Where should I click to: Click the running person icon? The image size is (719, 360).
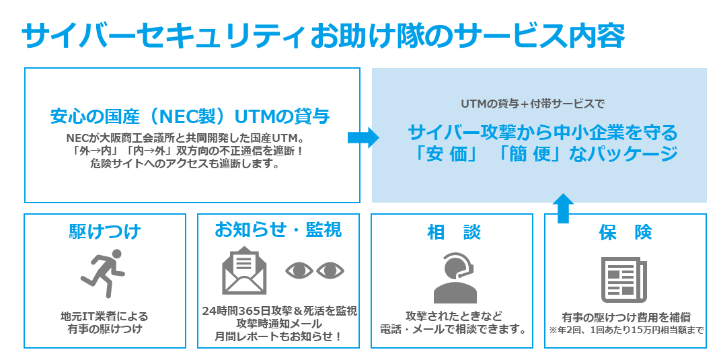[104, 275]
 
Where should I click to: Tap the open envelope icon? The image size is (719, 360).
[244, 271]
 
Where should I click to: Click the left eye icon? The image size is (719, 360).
[299, 271]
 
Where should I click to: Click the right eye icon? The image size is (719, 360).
[330, 271]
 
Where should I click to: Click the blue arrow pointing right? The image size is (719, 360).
[363, 137]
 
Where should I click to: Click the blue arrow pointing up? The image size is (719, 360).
[563, 209]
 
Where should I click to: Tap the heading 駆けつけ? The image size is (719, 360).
[105, 231]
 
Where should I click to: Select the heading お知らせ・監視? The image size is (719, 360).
[278, 229]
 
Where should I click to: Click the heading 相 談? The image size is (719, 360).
[454, 232]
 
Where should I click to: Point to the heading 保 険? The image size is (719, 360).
[626, 232]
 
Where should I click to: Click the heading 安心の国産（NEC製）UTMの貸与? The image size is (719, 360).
[190, 116]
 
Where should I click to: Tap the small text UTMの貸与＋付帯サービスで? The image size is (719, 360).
[533, 104]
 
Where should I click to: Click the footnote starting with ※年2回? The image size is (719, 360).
[626, 330]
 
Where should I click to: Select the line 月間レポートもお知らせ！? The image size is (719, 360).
[278, 336]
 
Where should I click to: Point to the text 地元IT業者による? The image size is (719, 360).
[104, 316]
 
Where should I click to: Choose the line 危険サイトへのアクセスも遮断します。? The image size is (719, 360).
[185, 164]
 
